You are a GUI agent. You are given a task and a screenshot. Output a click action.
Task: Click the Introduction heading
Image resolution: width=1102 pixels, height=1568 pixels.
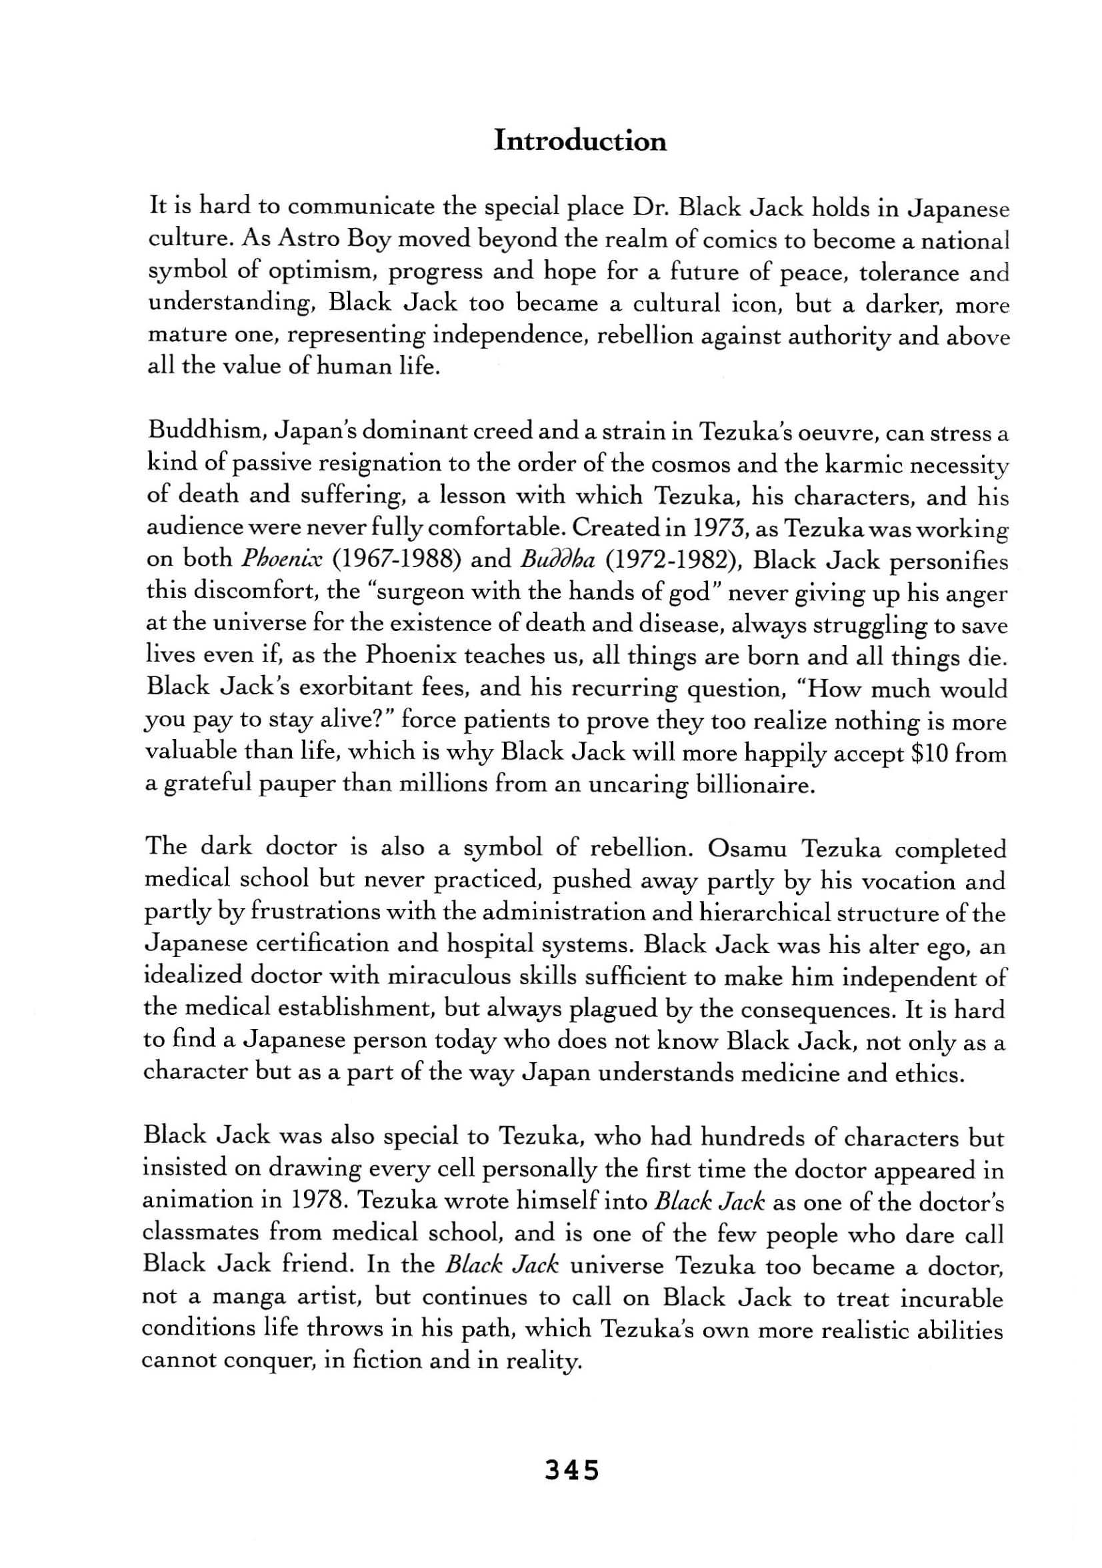[579, 141]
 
